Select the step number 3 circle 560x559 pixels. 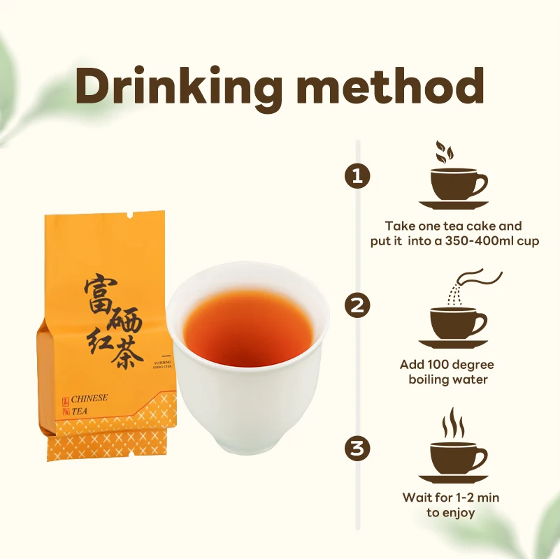pos(357,447)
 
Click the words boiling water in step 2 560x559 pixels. pos(448,379)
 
